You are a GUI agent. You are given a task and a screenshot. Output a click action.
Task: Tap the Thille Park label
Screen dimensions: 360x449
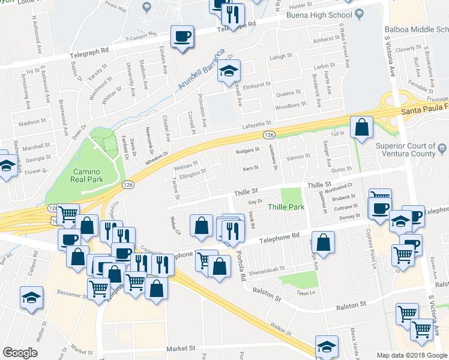coord(286,207)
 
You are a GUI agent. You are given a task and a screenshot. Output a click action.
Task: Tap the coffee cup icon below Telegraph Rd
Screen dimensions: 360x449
coord(182,37)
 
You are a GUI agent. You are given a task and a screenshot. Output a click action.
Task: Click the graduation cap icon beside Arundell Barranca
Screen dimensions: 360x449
coord(228,72)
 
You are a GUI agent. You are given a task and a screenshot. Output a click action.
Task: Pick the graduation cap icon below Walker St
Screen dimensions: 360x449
coord(327,346)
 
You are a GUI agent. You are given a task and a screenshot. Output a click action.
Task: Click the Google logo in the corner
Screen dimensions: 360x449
coord(20,353)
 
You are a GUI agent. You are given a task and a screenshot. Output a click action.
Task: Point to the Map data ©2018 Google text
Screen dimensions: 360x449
coord(412,355)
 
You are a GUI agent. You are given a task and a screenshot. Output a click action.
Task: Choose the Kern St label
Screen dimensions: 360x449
coord(250,168)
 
